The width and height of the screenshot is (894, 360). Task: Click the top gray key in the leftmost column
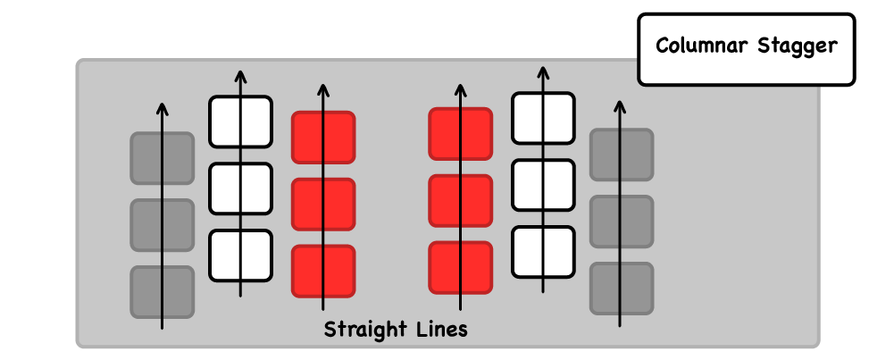[x=163, y=159]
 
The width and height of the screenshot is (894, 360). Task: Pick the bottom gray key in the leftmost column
[x=163, y=291]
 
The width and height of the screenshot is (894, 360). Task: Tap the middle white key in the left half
[x=240, y=188]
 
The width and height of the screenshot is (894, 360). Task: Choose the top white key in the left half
[x=240, y=121]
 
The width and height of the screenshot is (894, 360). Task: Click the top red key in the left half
[x=323, y=138]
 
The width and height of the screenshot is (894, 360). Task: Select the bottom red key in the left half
[x=323, y=271]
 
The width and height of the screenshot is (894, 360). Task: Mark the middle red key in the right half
[x=461, y=201]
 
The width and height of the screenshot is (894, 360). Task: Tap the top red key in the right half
[x=461, y=135]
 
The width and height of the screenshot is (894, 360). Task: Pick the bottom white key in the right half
[x=543, y=252]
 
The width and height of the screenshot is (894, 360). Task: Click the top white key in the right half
[x=543, y=118]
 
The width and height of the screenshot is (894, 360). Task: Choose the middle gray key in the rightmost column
[x=622, y=222]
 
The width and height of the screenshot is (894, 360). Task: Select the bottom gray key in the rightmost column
[x=622, y=288]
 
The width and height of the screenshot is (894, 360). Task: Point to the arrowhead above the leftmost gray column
[x=162, y=109]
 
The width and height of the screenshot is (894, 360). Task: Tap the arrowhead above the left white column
[x=239, y=74]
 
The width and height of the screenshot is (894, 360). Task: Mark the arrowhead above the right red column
[x=461, y=89]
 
